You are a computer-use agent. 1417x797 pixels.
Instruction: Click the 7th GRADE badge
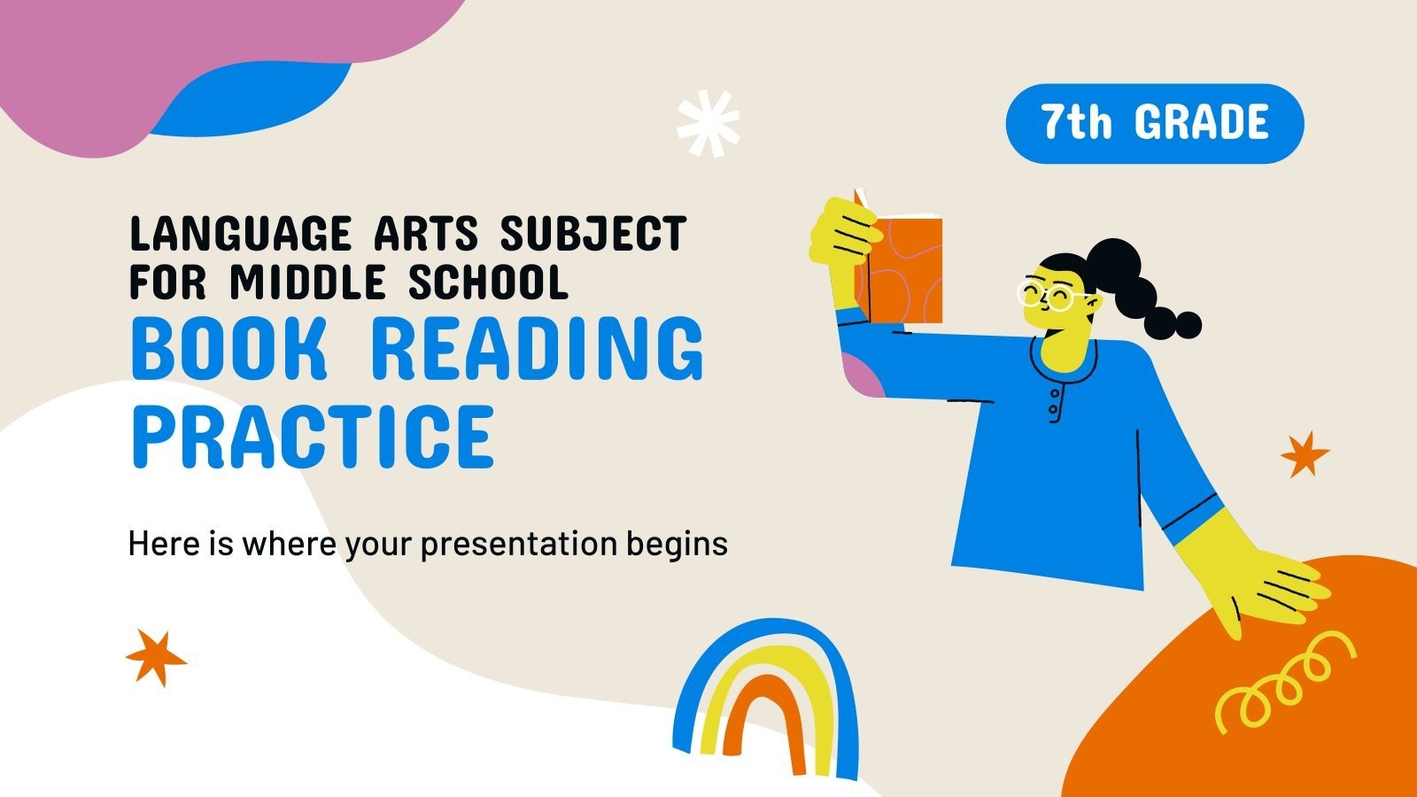(x=1154, y=123)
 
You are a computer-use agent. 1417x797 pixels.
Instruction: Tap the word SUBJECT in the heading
(x=592, y=235)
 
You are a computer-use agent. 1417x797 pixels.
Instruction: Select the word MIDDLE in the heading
(x=307, y=282)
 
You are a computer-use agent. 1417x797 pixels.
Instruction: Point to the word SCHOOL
(x=487, y=282)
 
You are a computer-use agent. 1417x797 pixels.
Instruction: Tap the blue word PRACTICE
(x=313, y=436)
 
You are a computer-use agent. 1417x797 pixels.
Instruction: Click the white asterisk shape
(x=708, y=124)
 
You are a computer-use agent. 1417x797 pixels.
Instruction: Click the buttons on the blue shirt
(x=1054, y=403)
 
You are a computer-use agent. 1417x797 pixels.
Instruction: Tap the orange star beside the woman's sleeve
(x=1305, y=454)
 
